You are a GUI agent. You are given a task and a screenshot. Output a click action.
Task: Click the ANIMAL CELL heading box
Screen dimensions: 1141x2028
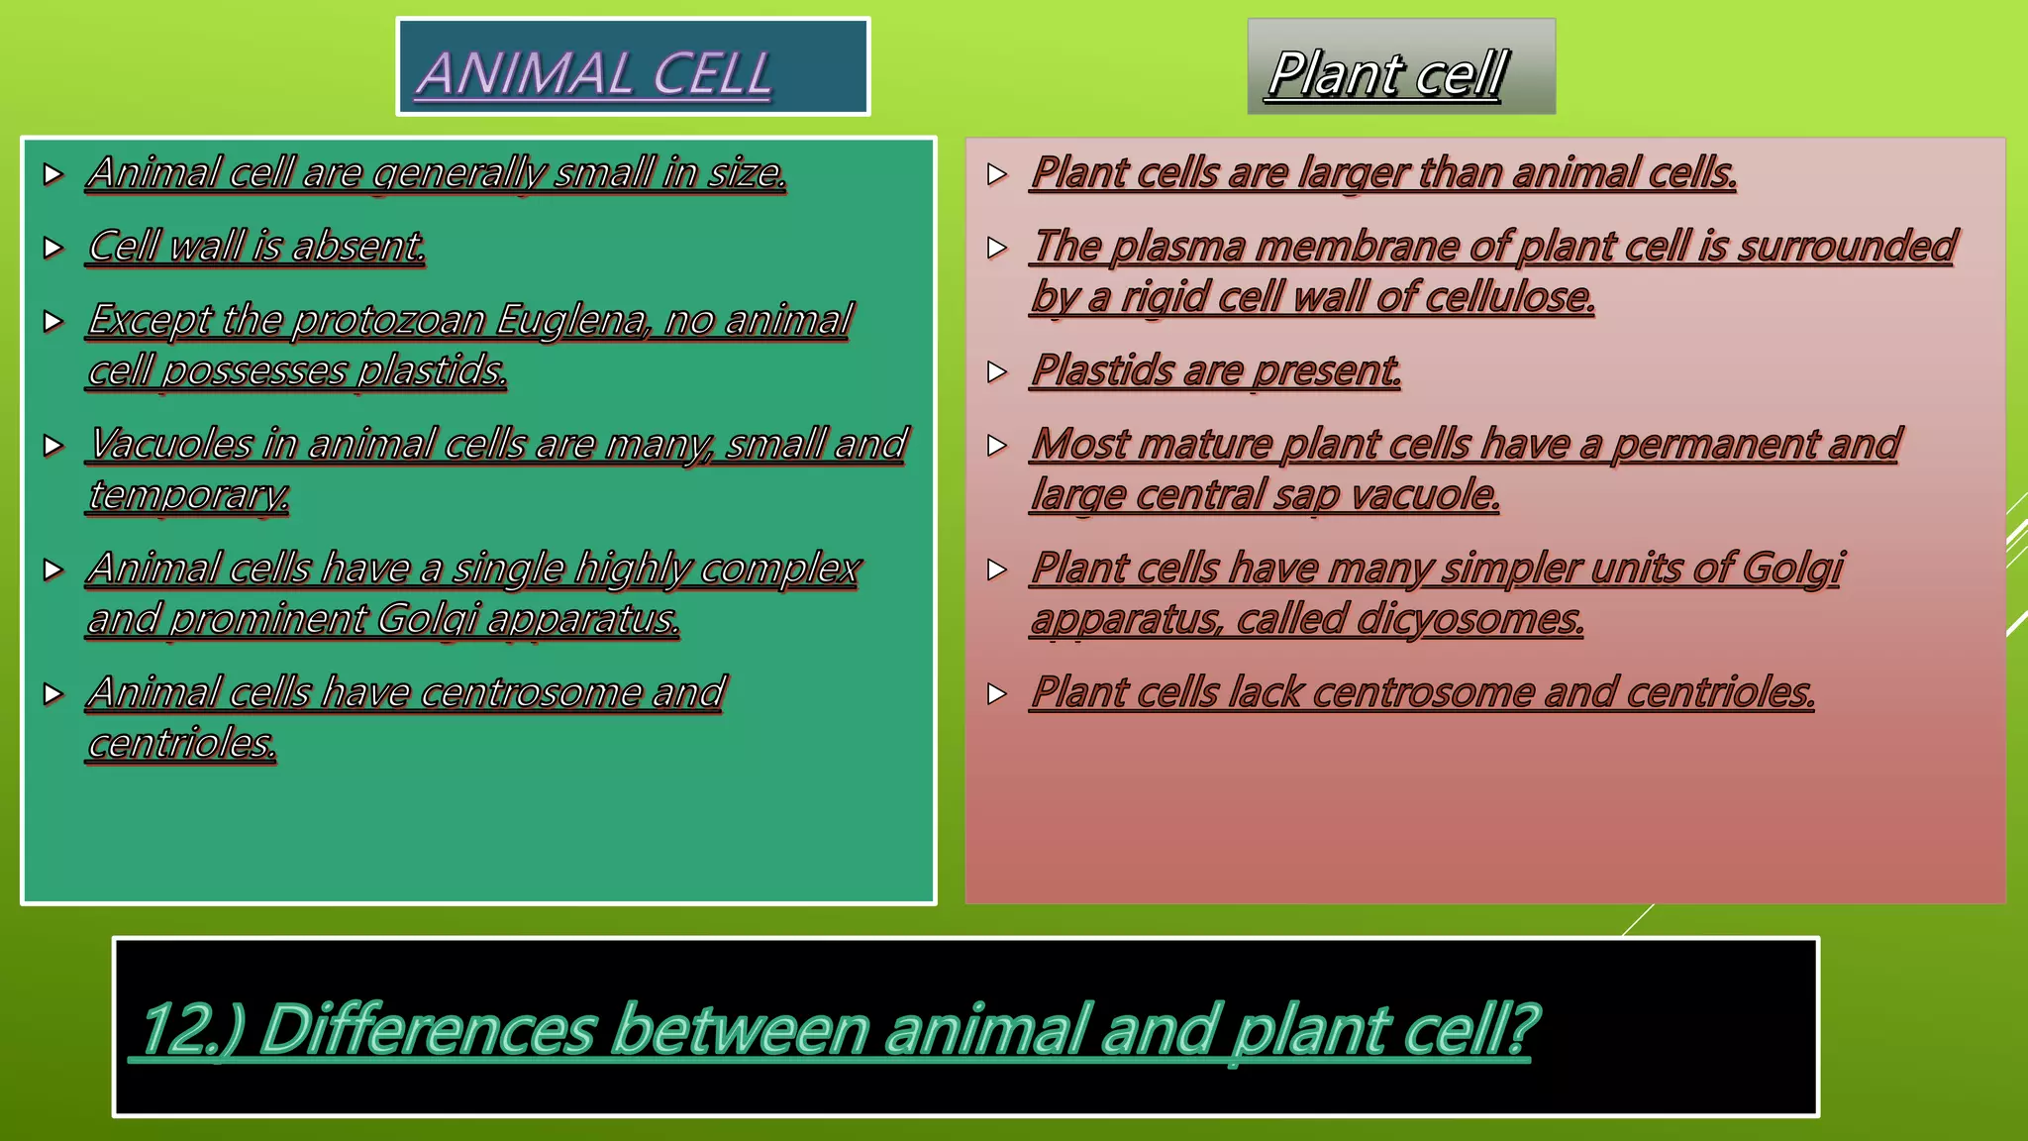click(x=632, y=67)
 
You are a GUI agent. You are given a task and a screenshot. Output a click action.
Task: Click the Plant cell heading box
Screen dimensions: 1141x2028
click(x=1400, y=67)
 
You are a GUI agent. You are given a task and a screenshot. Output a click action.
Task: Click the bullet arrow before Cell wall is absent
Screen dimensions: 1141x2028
click(x=53, y=248)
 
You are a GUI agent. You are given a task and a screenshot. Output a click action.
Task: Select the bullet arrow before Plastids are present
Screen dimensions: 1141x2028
click(x=997, y=371)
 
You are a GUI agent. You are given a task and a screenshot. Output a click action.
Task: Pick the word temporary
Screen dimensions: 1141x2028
click(x=188, y=495)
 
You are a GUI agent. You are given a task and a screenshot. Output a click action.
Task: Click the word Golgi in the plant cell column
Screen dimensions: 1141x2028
click(x=1792, y=569)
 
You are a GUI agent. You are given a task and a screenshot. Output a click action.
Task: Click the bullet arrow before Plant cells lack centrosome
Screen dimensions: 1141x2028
click(x=997, y=693)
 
